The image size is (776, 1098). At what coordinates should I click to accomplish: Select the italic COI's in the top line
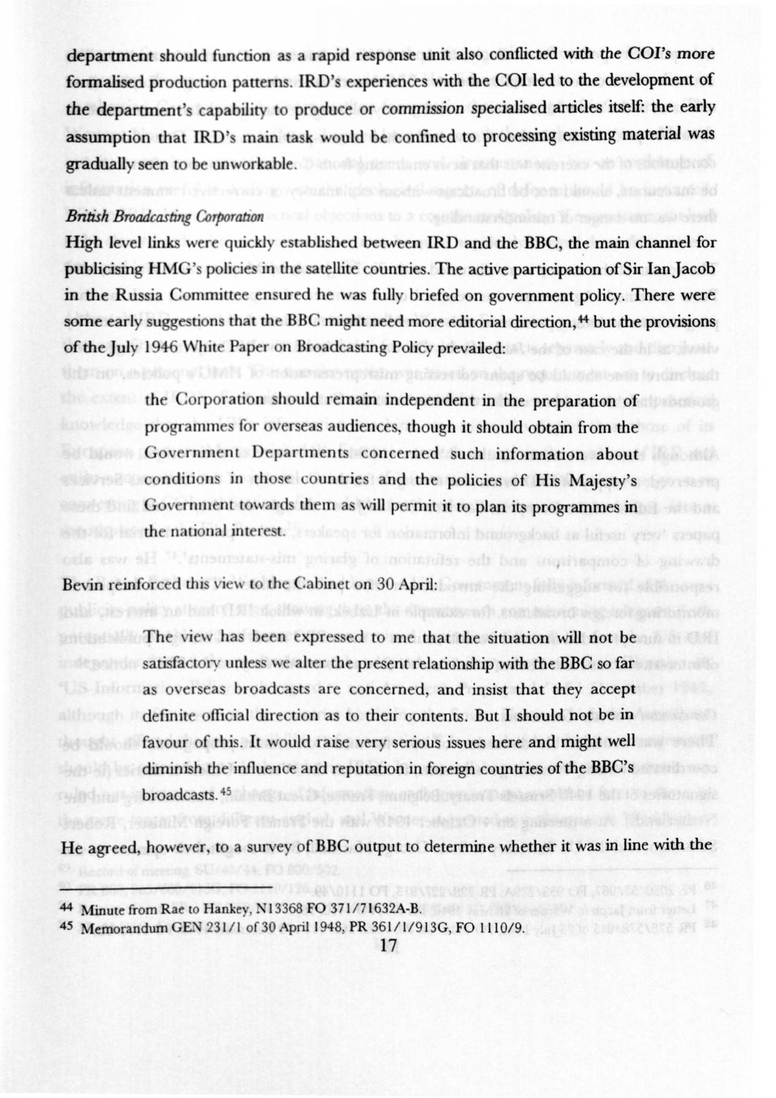[x=646, y=55]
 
